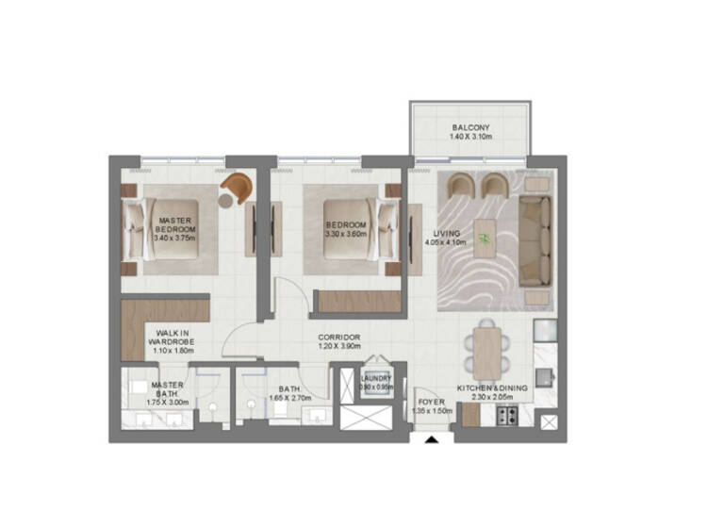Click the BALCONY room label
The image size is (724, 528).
(469, 126)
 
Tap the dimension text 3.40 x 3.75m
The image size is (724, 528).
(174, 238)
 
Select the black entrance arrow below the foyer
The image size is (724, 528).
(432, 438)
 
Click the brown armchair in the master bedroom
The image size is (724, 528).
(237, 188)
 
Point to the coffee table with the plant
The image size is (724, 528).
(485, 239)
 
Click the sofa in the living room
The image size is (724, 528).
(535, 239)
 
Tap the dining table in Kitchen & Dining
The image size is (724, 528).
(487, 352)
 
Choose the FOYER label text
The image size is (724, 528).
(431, 402)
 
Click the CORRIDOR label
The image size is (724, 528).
(338, 337)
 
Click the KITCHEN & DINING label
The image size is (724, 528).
(491, 388)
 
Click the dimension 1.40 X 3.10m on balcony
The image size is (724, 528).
(469, 138)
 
